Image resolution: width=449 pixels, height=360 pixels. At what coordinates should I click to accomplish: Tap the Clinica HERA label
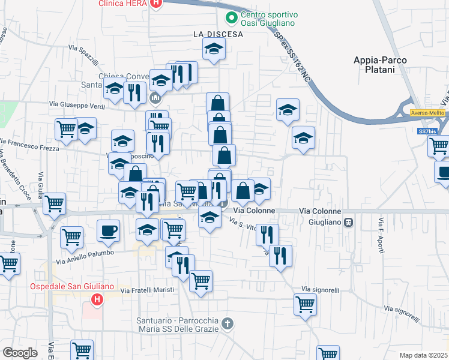click(124, 3)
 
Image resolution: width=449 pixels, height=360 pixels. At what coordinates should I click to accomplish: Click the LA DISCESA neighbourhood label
click(218, 34)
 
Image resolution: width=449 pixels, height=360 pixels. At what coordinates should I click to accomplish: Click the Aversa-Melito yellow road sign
click(427, 113)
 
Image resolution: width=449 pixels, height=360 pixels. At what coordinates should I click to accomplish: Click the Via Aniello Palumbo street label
click(85, 257)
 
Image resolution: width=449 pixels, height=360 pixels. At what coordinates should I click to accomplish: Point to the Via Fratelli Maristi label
click(147, 290)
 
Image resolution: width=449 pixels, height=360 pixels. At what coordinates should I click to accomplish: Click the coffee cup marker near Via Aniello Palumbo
click(108, 231)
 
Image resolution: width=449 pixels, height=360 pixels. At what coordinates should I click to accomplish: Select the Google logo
click(20, 353)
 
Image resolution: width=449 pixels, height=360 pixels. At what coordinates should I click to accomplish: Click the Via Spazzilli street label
click(83, 56)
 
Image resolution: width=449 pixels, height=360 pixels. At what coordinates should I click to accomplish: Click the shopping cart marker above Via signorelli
click(305, 304)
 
